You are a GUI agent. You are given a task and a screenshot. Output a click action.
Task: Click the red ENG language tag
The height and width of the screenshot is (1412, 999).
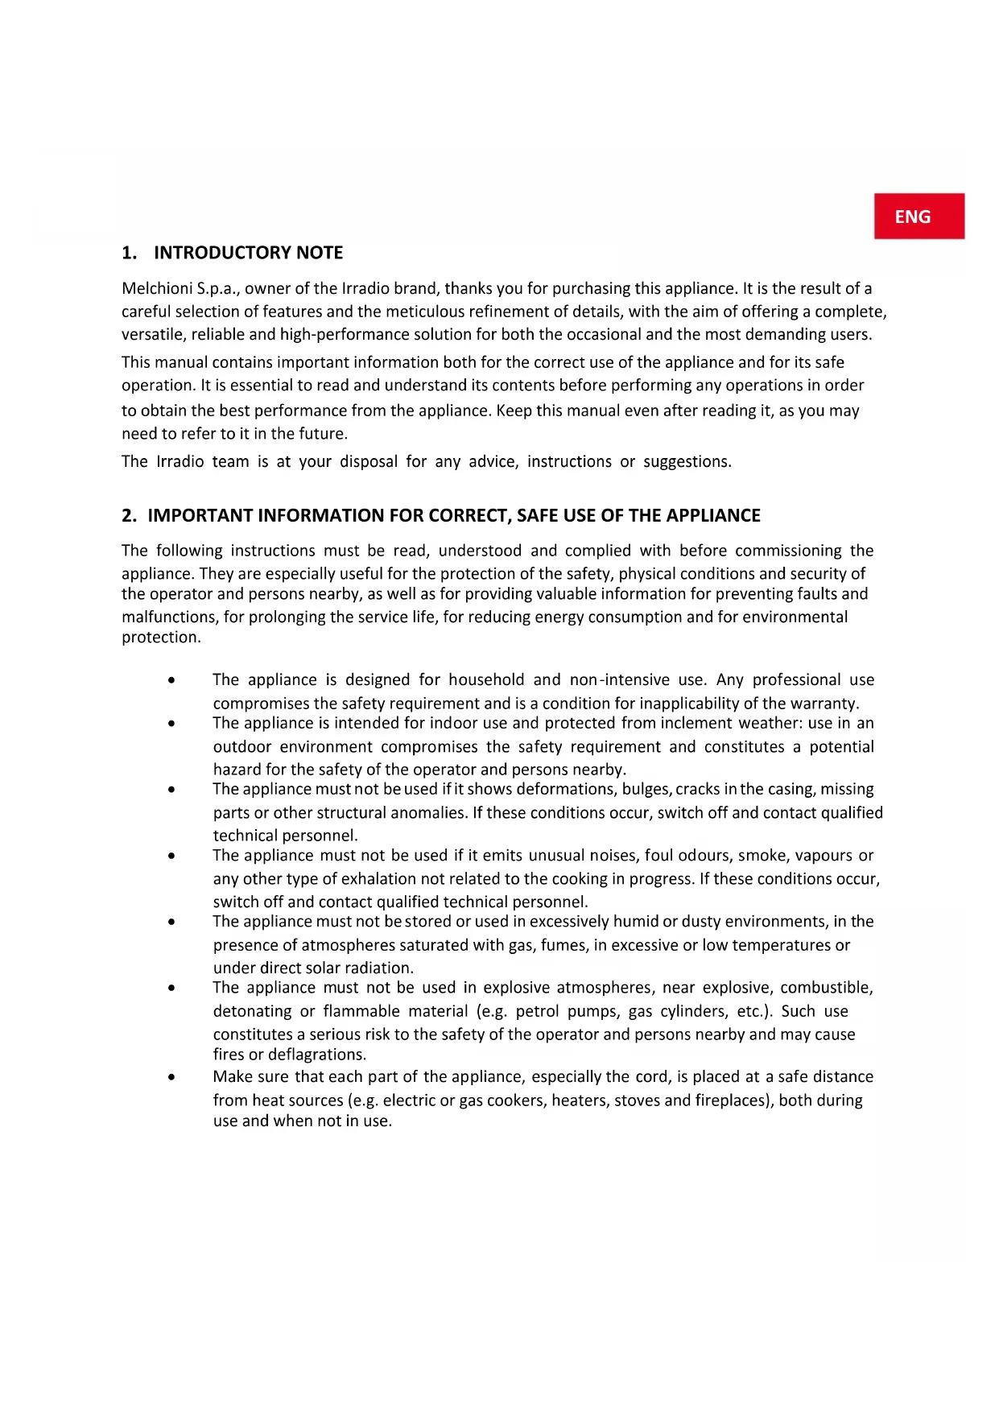[x=919, y=217]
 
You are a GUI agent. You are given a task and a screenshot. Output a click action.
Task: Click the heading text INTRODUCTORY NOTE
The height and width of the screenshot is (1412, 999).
[x=248, y=253]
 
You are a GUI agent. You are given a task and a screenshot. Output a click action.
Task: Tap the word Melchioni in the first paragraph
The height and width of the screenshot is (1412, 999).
[x=157, y=289]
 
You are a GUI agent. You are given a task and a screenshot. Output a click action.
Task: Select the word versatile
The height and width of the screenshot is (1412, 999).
[x=154, y=335]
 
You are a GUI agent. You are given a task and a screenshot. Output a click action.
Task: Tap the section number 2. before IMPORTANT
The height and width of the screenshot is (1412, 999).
[x=130, y=516]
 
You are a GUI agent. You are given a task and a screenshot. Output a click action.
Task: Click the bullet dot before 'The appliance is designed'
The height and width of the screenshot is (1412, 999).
[x=172, y=681]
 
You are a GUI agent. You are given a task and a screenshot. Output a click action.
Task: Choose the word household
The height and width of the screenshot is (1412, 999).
[x=486, y=680]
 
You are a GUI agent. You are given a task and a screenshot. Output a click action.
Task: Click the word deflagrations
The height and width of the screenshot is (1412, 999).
[x=316, y=1055]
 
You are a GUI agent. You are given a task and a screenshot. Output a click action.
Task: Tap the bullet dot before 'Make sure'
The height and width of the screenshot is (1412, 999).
[x=172, y=1078]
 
